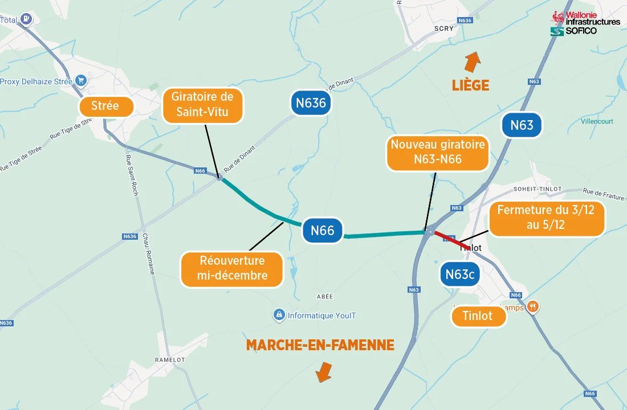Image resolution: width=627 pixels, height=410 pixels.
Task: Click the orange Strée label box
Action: (x=105, y=106)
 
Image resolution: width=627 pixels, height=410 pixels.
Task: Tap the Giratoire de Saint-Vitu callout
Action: (x=202, y=105)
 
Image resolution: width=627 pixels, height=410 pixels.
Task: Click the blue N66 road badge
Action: (x=323, y=230)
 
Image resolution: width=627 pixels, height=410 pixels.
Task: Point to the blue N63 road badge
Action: (x=522, y=125)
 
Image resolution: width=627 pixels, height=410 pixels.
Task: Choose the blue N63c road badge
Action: (x=460, y=274)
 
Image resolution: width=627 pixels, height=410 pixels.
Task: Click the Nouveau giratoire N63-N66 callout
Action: (x=437, y=153)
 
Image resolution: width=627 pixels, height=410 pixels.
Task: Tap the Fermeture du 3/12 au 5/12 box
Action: (x=546, y=218)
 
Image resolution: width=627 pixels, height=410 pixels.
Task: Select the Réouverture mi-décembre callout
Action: (x=232, y=269)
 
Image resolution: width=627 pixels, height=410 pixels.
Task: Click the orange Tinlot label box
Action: (x=478, y=316)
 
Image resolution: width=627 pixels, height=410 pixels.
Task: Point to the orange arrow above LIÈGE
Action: (x=472, y=60)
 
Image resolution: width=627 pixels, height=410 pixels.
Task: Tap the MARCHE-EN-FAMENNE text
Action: (x=320, y=345)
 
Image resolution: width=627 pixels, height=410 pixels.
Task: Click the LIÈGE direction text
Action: (x=470, y=85)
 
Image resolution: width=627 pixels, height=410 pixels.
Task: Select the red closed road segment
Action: (x=451, y=238)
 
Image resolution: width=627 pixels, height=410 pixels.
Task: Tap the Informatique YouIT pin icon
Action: (x=279, y=315)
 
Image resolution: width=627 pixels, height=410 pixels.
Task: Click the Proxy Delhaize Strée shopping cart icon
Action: (x=81, y=81)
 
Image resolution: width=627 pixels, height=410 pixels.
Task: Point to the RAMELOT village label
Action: (x=170, y=360)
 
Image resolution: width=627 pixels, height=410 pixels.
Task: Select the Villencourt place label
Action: (x=597, y=121)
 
